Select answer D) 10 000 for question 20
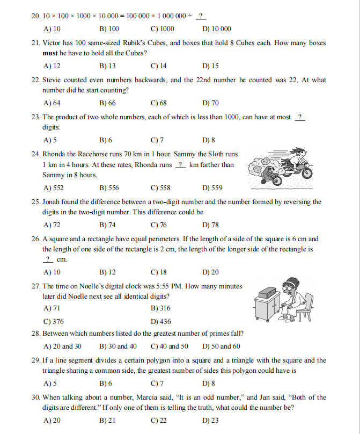pyautogui.click(x=217, y=29)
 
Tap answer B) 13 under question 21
pyautogui.click(x=108, y=66)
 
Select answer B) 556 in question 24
pyautogui.click(x=109, y=188)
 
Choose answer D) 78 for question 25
pyautogui.click(x=211, y=225)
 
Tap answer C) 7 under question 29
pyautogui.click(x=157, y=384)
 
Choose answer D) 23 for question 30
pyautogui.click(x=211, y=421)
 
